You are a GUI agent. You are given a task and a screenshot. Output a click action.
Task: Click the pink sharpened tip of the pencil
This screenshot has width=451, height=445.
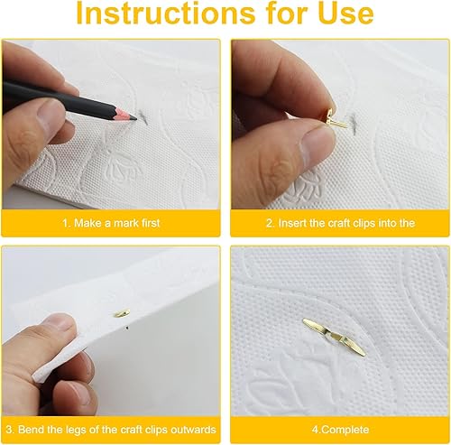point(124,114)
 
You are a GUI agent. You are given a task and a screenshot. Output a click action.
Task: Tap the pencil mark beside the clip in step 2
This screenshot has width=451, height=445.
point(354,121)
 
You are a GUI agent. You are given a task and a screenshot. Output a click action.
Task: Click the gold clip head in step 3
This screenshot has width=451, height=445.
point(122,313)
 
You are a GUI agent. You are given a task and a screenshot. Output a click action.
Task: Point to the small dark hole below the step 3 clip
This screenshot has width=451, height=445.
point(127,328)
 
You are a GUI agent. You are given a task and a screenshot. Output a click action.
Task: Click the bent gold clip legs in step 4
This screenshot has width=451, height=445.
point(334,337)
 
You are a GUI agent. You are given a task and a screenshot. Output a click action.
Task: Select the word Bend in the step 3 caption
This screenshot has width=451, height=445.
point(30,430)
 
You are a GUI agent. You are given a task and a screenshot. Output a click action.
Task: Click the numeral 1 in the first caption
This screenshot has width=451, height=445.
point(65,223)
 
